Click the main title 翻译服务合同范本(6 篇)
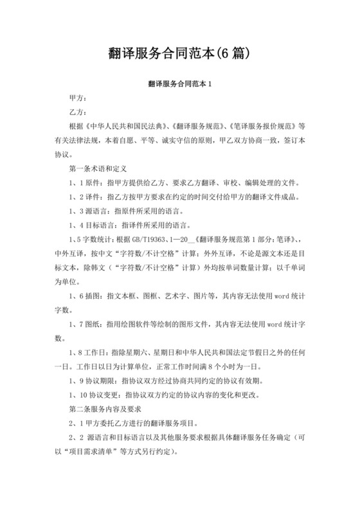[179, 51]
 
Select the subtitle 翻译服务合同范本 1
[179, 84]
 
